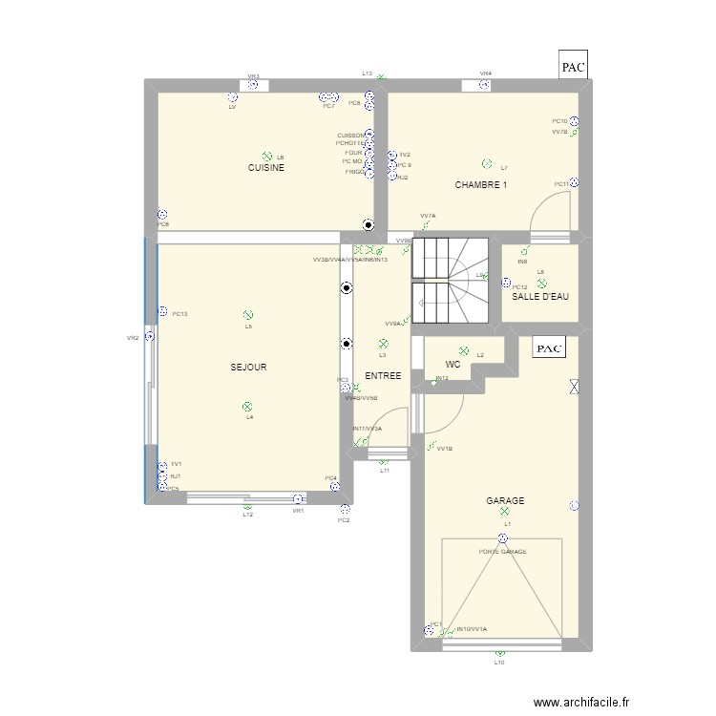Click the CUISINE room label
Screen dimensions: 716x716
click(266, 168)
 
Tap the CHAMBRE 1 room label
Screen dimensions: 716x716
click(480, 185)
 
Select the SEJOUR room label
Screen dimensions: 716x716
click(248, 367)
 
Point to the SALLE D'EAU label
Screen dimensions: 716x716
click(539, 297)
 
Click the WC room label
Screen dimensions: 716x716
click(453, 365)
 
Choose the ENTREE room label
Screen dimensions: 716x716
click(383, 376)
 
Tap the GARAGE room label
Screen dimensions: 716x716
click(505, 500)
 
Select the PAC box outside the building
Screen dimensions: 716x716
click(573, 67)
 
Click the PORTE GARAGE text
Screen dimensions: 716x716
click(503, 552)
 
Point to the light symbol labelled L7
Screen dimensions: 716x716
click(487, 164)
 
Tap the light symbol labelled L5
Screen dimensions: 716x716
click(248, 314)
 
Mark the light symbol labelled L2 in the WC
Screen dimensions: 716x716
click(464, 351)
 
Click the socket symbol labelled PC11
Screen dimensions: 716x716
click(574, 183)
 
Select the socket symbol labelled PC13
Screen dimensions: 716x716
click(163, 311)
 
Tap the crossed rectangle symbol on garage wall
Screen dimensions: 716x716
click(573, 388)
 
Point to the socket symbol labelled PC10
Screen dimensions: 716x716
click(574, 121)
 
